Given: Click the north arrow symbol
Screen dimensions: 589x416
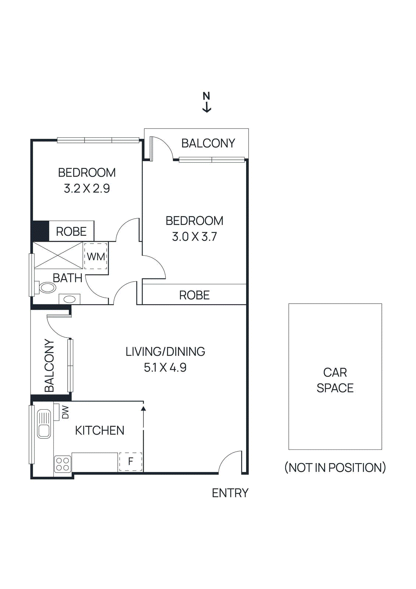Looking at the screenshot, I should click(x=207, y=102).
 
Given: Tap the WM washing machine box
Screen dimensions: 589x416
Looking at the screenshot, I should click(x=96, y=256).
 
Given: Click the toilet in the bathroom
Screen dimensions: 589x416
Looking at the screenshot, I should click(x=47, y=287).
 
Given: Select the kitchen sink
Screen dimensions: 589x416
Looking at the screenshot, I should click(x=44, y=424).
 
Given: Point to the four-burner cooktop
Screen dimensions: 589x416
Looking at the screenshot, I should click(x=63, y=463).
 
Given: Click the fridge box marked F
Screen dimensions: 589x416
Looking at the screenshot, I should click(x=131, y=462).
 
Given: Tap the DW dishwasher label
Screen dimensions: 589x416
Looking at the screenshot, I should click(x=65, y=412).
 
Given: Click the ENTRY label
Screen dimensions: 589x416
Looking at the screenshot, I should click(x=230, y=493).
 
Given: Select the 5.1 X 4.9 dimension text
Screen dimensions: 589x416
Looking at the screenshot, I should click(x=165, y=367).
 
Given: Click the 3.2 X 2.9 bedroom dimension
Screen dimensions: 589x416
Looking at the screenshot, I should click(x=87, y=188).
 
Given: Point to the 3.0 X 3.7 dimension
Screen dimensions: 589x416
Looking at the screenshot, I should click(x=195, y=236).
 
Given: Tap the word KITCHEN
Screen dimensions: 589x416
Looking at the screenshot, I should click(x=100, y=430).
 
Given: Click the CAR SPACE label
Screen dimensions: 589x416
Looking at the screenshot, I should click(x=335, y=380).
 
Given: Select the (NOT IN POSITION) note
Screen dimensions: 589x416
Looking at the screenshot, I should click(x=335, y=468).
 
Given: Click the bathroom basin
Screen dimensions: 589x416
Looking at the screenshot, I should click(x=70, y=299).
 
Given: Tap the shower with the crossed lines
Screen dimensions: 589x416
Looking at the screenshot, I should click(x=58, y=255).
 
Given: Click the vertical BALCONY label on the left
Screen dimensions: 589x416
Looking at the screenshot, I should click(x=49, y=366).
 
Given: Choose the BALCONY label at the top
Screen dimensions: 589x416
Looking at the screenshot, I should click(x=208, y=143).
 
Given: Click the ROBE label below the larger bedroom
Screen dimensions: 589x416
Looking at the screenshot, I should click(x=194, y=295).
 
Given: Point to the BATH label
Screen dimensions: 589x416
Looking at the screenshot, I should click(x=67, y=278).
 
